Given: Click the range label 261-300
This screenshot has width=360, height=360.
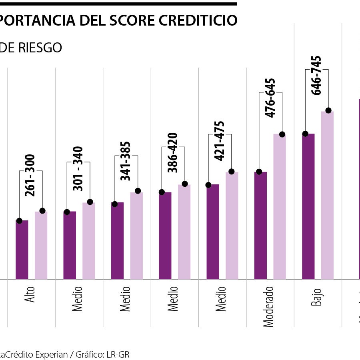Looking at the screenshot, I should (x=30, y=175).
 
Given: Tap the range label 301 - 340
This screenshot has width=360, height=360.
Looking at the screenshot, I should (x=78, y=168).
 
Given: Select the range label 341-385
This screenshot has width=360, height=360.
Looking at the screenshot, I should (x=126, y=161).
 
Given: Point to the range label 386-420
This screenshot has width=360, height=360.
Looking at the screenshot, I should (x=173, y=152).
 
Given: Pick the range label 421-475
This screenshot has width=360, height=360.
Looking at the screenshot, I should (x=220, y=141).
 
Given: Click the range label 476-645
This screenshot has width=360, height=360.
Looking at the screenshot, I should (x=270, y=98).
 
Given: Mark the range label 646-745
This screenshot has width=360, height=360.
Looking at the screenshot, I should (x=316, y=75).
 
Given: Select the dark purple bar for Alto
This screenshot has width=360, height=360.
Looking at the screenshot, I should (x=22, y=250).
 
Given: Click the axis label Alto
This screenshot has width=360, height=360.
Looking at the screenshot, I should (x=30, y=294).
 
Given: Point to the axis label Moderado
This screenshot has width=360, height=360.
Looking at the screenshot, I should (x=269, y=306).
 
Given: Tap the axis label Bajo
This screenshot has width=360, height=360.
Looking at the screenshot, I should (x=316, y=296).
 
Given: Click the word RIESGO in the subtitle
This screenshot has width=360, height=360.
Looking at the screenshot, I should (x=43, y=48).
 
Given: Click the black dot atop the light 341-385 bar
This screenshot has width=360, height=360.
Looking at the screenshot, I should (x=138, y=191).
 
